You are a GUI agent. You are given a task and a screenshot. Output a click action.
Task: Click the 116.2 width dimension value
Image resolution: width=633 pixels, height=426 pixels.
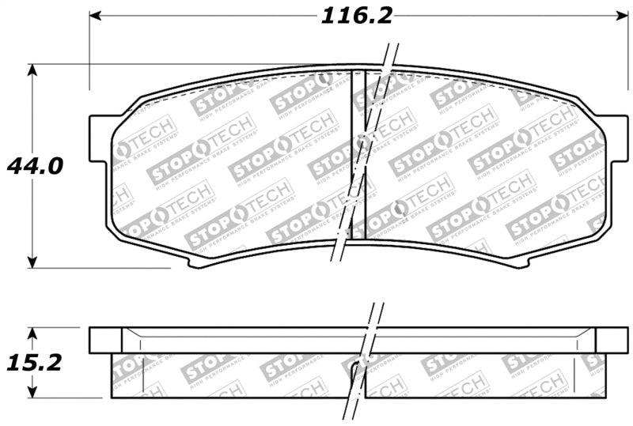[x=356, y=15]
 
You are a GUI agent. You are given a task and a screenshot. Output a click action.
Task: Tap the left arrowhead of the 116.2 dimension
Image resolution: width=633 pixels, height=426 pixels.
[x=95, y=15]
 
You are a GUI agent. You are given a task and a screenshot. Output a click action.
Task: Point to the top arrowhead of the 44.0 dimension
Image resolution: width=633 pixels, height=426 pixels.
[x=32, y=70]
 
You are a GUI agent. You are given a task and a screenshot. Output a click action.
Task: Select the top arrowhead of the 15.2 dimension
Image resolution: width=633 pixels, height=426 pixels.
[x=32, y=333]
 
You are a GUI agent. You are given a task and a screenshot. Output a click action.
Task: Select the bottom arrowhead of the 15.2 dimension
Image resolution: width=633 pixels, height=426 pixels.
[x=32, y=393]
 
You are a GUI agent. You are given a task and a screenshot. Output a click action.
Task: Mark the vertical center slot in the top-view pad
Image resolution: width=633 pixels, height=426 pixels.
[x=357, y=154]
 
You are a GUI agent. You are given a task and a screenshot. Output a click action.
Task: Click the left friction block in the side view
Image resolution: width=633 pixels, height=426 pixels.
[x=229, y=375]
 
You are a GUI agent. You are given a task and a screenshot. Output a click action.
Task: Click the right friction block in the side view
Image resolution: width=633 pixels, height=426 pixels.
[x=483, y=375]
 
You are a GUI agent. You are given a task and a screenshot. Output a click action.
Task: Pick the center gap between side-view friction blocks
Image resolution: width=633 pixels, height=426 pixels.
[x=358, y=375]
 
